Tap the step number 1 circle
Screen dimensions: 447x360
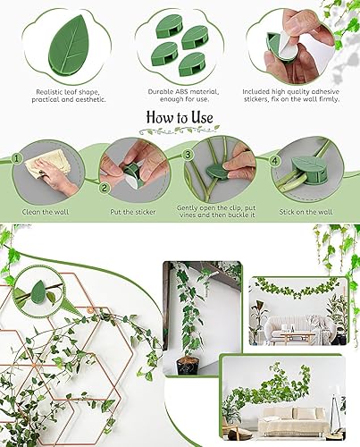(x=17, y=158)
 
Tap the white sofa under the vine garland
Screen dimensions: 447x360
(x=289, y=326)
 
